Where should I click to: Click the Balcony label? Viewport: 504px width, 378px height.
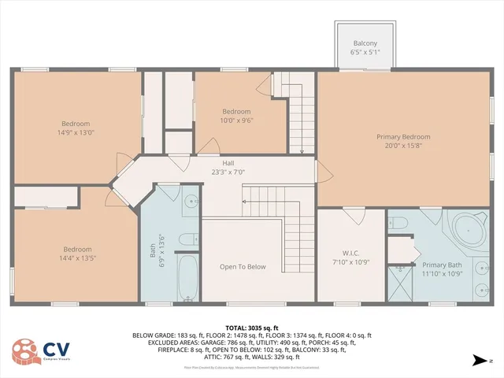point(365,48)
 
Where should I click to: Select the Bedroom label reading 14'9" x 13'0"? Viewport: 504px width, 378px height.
point(76,128)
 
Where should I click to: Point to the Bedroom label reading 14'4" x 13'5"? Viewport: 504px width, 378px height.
point(78,254)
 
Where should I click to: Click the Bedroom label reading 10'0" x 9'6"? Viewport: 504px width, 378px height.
point(236,116)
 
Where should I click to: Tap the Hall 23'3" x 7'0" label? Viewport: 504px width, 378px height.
point(228,167)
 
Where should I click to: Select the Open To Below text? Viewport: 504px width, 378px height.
point(243,267)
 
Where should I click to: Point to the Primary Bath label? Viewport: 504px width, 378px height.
point(441,269)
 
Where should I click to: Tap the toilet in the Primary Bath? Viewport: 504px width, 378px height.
point(398,222)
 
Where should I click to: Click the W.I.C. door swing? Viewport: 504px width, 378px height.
point(353,215)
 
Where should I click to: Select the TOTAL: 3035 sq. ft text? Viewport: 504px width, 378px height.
point(252,328)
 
